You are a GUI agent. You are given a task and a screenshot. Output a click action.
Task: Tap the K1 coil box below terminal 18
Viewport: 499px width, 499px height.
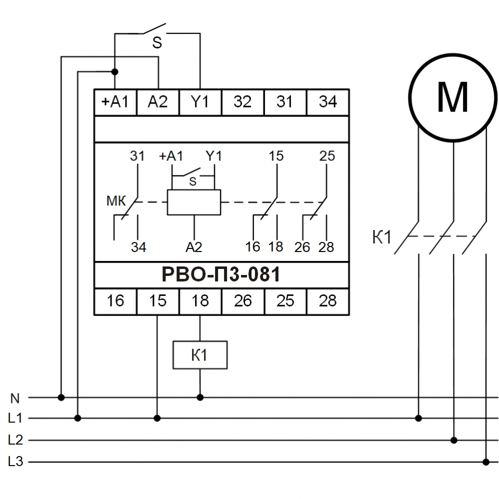pyautogui.click(x=200, y=355)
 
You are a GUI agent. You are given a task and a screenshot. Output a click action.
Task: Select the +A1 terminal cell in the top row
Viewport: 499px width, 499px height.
pyautogui.click(x=115, y=102)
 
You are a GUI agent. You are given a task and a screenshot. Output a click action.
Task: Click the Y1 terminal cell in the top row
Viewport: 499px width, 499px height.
pyautogui.click(x=200, y=102)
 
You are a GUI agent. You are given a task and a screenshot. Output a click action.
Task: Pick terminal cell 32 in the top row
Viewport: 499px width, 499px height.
pyautogui.click(x=242, y=102)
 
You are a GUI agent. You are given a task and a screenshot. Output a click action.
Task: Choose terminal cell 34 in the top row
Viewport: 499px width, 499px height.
pyautogui.click(x=327, y=102)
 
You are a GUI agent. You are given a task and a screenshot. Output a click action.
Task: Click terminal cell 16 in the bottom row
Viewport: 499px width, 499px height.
pyautogui.click(x=115, y=301)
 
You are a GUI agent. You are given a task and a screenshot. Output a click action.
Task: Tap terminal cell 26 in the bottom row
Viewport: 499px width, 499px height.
pyautogui.click(x=242, y=301)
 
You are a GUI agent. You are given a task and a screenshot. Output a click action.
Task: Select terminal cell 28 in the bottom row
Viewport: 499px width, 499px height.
pyautogui.click(x=327, y=301)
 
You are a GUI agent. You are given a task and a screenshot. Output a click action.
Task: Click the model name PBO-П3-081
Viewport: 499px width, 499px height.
pyautogui.click(x=221, y=274)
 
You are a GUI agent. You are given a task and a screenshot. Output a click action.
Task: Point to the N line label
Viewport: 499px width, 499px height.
pyautogui.click(x=15, y=398)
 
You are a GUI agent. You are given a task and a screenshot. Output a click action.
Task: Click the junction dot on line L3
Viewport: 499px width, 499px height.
pyautogui.click(x=485, y=461)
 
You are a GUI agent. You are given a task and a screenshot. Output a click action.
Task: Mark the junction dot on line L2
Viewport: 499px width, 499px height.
pyautogui.click(x=453, y=440)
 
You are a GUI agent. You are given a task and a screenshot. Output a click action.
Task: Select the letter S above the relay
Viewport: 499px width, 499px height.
pyautogui.click(x=157, y=43)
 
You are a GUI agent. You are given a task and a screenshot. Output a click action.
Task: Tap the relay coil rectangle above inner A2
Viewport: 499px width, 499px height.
pyautogui.click(x=193, y=202)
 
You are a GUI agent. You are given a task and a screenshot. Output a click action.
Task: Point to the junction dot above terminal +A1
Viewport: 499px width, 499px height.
pyautogui.click(x=115, y=72)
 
